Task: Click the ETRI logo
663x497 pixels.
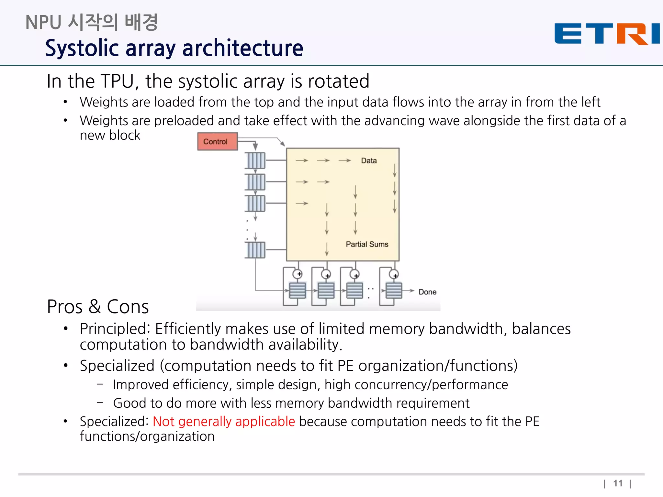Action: point(607,33)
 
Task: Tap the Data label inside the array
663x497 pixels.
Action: point(369,160)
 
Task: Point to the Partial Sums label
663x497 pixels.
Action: point(367,244)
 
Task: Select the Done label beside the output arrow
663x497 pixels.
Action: point(427,292)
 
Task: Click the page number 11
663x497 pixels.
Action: point(618,483)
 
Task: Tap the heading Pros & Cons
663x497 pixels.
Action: point(98,306)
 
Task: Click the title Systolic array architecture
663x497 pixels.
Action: point(174,48)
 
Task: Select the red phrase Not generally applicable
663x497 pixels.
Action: point(224,422)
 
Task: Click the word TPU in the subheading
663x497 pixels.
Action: point(118,81)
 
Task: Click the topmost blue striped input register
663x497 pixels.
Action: point(255,160)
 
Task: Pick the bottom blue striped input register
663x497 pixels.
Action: point(255,250)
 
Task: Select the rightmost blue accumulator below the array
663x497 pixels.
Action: point(394,290)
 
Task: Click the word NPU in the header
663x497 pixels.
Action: point(43,23)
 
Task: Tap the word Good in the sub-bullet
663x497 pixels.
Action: point(129,403)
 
